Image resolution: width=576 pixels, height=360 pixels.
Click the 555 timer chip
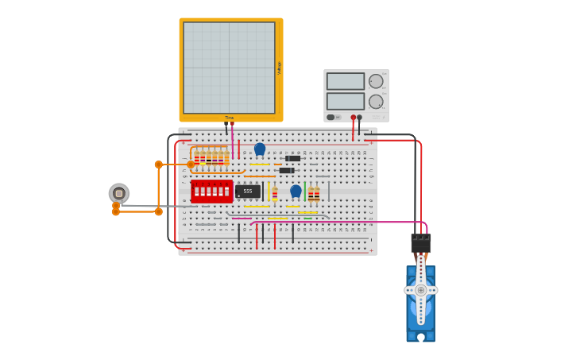pyautogui.click(x=248, y=192)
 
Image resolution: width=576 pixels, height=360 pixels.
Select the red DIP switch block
pyautogui.click(x=211, y=192)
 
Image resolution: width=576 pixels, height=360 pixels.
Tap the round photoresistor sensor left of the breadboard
pyautogui.click(x=119, y=193)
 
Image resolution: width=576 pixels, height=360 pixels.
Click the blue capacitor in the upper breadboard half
pyautogui.click(x=260, y=149)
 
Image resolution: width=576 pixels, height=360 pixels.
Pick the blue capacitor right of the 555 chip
pyautogui.click(x=296, y=191)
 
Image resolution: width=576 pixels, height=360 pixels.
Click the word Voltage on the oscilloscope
pyautogui.click(x=279, y=68)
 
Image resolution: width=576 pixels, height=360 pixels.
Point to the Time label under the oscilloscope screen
pyautogui.click(x=229, y=118)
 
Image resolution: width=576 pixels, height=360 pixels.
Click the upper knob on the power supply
pyautogui.click(x=376, y=81)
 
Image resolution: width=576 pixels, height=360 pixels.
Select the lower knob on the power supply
pyautogui.click(x=376, y=102)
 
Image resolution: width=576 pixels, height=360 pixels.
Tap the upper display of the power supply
pyautogui.click(x=346, y=81)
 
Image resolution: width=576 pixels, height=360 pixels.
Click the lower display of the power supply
pyautogui.click(x=346, y=101)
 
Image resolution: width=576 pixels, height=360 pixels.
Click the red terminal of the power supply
pyautogui.click(x=354, y=118)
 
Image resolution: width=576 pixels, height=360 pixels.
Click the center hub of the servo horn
pyautogui.click(x=421, y=290)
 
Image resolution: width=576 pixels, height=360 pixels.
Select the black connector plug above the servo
pyautogui.click(x=421, y=242)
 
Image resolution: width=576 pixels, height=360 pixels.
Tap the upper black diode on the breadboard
pyautogui.click(x=292, y=158)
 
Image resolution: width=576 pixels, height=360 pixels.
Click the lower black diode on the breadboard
pyautogui.click(x=287, y=170)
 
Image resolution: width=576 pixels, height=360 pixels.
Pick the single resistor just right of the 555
pyautogui.click(x=275, y=192)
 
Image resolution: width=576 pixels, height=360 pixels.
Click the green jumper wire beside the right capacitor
pyautogui.click(x=305, y=192)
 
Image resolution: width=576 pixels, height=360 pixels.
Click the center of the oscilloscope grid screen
pyautogui.click(x=229, y=68)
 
